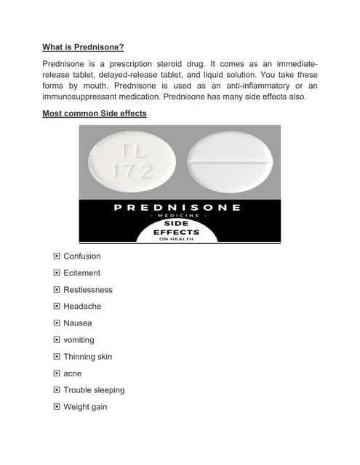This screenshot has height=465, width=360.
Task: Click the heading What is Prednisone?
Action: point(83,47)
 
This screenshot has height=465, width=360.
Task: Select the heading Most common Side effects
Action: point(95,113)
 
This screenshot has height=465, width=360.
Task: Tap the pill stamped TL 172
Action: point(132,162)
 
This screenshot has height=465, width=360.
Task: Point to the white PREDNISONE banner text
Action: point(177,208)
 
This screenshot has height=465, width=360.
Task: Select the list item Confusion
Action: point(82,256)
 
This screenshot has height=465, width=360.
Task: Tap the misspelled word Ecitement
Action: point(82,273)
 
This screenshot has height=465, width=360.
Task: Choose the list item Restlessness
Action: point(88,290)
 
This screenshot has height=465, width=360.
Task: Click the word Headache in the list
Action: point(82,307)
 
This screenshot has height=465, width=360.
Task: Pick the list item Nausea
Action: point(78,323)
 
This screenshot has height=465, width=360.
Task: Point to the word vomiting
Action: point(79,340)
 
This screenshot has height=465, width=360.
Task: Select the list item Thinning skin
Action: point(88,357)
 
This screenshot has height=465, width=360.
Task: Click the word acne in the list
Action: point(73,373)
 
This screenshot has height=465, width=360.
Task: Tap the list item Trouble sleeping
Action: point(94,390)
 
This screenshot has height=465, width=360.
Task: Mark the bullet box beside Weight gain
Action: point(57,407)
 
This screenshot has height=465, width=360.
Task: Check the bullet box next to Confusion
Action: point(57,256)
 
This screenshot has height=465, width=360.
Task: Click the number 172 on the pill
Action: point(132,171)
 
